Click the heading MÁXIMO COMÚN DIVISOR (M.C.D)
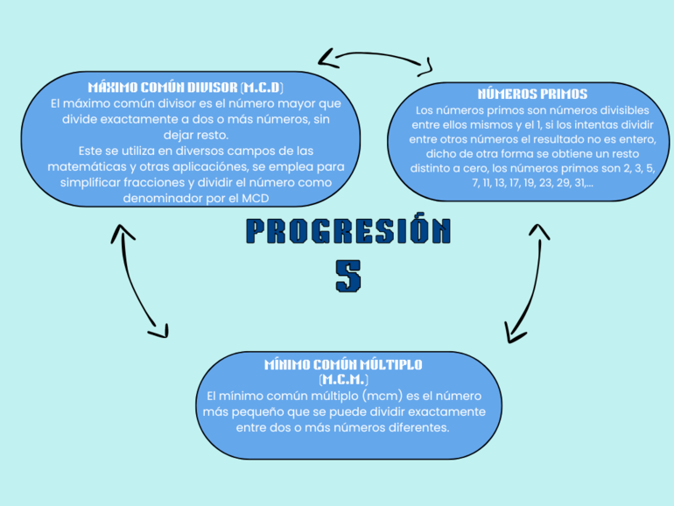coord(186,88)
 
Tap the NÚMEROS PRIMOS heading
coord(532,94)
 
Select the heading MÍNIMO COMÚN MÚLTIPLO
coord(343,364)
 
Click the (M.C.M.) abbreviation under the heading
coord(343,380)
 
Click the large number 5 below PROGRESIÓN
coord(348,276)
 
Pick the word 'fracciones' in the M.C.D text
coord(151,183)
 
